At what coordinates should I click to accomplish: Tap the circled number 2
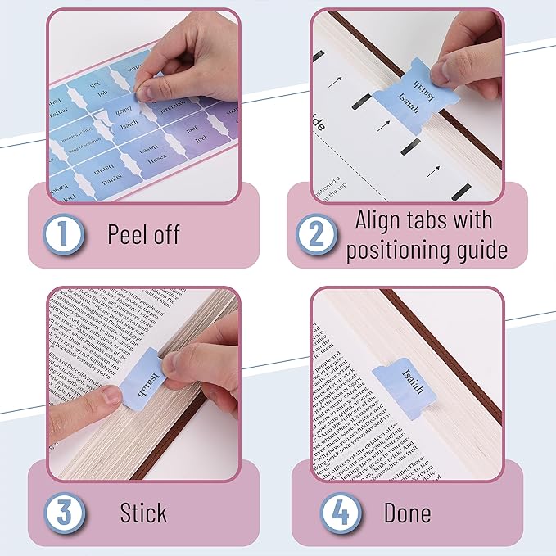coord(316,234)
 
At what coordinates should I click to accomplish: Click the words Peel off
coord(143,235)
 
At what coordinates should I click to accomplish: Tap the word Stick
coord(143,513)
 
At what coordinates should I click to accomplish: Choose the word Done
coord(407,513)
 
